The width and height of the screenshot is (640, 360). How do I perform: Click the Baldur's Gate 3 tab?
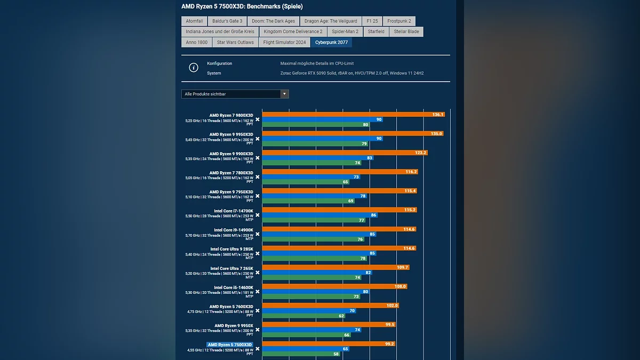[227, 21]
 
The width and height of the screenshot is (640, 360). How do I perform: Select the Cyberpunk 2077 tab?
[331, 42]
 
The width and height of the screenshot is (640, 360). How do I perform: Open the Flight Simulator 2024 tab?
[284, 42]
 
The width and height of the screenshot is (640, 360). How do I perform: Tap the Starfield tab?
[376, 31]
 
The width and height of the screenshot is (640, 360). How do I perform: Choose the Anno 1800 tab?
[197, 42]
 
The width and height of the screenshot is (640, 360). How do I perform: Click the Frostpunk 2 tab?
[399, 21]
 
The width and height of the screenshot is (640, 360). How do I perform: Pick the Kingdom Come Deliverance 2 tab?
[293, 31]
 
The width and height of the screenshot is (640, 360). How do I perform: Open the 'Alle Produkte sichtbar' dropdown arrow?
[285, 94]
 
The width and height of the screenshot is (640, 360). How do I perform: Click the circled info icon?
[194, 68]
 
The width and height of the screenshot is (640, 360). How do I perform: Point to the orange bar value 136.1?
[438, 115]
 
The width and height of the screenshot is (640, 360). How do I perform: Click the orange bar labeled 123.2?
[345, 153]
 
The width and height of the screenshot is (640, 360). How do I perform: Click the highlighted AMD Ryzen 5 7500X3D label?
[229, 345]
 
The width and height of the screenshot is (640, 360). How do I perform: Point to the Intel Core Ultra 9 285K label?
[231, 249]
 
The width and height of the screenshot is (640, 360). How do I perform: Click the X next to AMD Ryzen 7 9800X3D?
[258, 119]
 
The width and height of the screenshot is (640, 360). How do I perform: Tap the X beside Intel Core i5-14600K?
[258, 292]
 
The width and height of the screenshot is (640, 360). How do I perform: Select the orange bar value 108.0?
[400, 286]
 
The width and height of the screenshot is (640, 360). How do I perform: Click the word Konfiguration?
[220, 63]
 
